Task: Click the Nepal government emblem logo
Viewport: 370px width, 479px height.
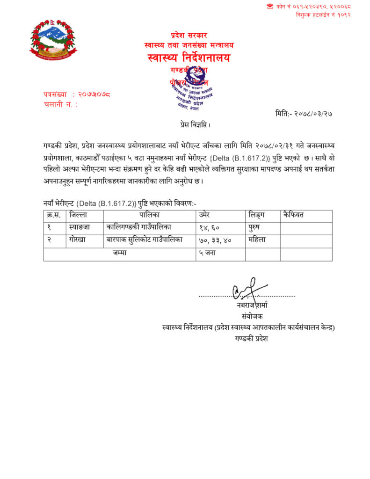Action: [53, 39]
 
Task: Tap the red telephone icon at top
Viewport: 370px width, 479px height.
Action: [270, 6]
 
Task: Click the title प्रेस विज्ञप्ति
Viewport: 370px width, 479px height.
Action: [195, 125]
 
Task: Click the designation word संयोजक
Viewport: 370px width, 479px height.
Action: [253, 316]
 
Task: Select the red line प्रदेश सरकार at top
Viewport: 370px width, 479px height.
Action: [189, 36]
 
